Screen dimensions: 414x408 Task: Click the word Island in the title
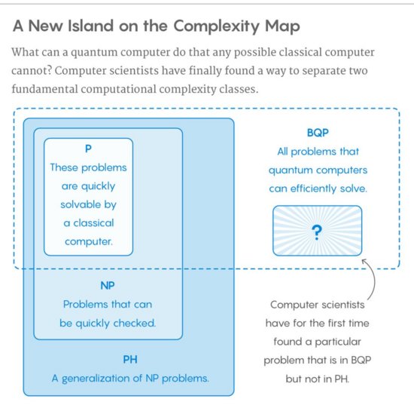pyautogui.click(x=90, y=26)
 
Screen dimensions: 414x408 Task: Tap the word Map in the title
pyautogui.click(x=282, y=27)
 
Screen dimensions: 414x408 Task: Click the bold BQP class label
pyautogui.click(x=318, y=133)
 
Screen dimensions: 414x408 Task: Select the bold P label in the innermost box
pyautogui.click(x=88, y=149)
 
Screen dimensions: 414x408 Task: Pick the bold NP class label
pyautogui.click(x=108, y=286)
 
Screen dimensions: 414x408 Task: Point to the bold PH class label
pyautogui.click(x=130, y=360)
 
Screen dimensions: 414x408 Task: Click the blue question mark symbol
pyautogui.click(x=317, y=232)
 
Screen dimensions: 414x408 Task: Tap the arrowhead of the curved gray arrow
pyautogui.click(x=364, y=261)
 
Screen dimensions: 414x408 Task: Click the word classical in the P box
pyautogui.click(x=94, y=223)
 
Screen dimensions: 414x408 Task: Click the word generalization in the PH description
pyautogui.click(x=96, y=379)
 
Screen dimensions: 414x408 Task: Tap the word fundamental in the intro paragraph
pyautogui.click(x=44, y=89)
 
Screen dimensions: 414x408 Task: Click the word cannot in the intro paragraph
pyautogui.click(x=32, y=71)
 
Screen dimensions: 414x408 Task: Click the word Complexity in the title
pyautogui.click(x=217, y=26)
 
